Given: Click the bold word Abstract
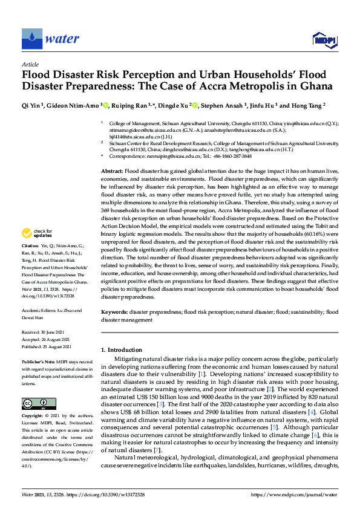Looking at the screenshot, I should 113,172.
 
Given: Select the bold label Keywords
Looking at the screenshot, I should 114,313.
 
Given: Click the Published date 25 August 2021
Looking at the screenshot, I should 57,347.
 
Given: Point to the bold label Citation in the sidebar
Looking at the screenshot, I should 30,264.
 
